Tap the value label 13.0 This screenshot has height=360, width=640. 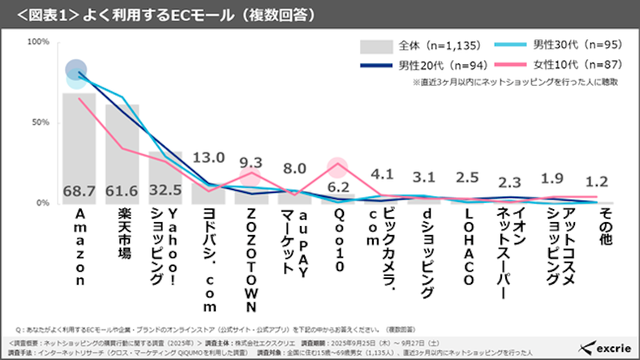pos(209,158)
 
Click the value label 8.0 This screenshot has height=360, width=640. pos(294,168)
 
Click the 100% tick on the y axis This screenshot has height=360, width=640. pos(38,42)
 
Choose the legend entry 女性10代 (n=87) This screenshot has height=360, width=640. pos(569,64)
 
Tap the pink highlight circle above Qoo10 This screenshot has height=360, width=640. pos(338,167)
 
